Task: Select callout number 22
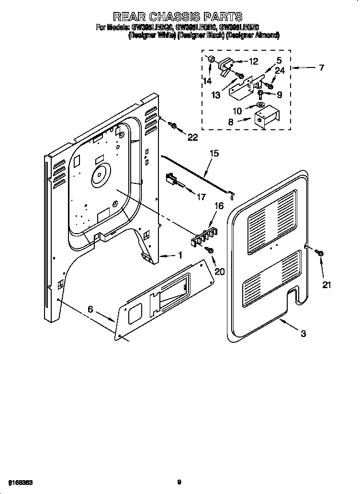192,138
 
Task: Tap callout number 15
214,154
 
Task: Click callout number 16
219,206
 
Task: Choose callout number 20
220,271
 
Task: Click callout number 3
303,334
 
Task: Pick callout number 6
90,310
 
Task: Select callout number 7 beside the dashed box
321,68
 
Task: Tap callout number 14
207,81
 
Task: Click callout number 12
253,61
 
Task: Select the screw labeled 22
174,126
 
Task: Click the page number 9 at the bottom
179,482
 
